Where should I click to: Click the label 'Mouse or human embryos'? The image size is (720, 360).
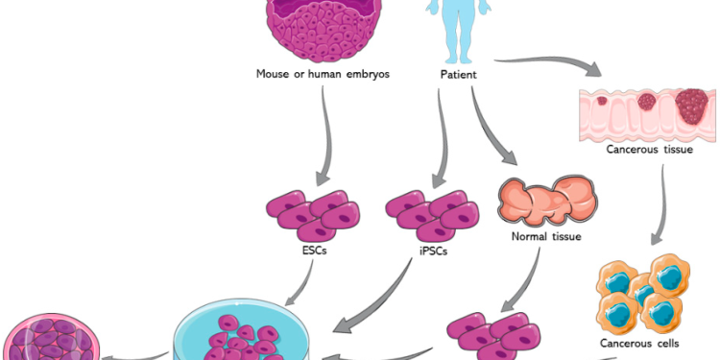click(x=322, y=74)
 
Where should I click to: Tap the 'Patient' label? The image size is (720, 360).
click(x=458, y=74)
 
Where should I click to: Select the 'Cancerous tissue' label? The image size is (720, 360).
click(x=649, y=149)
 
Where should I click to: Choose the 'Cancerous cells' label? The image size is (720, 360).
click(x=650, y=343)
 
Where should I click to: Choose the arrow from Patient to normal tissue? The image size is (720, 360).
click(x=493, y=134)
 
